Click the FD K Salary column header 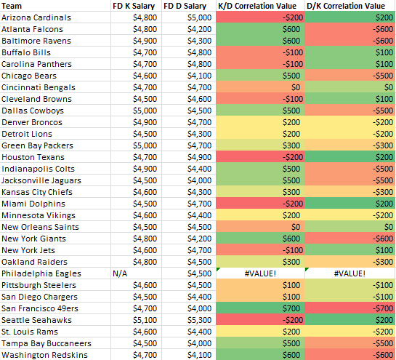pos(134,6)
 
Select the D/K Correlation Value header pos(346,6)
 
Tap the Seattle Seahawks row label pos(36,320)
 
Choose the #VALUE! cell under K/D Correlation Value pos(260,273)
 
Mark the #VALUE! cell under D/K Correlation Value pos(349,273)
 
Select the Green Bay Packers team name pos(37,145)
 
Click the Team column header pos(12,6)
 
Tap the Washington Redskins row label pos(44,355)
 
